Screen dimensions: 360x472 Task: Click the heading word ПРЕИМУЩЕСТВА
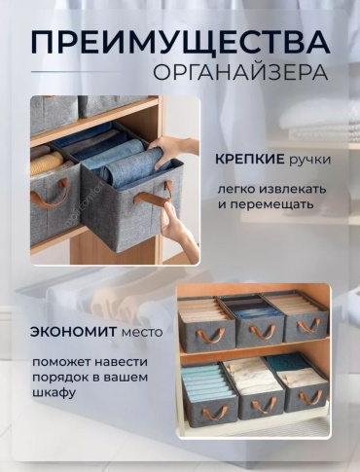[x=180, y=42]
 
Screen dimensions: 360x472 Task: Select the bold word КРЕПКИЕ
[x=250, y=160]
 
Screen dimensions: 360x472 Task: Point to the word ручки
[x=309, y=161]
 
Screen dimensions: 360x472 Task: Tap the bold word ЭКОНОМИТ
[x=73, y=332]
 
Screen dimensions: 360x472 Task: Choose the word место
[x=141, y=333]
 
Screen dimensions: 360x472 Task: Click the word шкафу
[x=54, y=393]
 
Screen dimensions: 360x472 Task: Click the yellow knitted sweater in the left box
[x=48, y=162]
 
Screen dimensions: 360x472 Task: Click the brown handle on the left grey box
[x=50, y=195]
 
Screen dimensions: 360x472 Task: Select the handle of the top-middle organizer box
[x=260, y=331]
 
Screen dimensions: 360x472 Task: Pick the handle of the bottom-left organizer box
[x=211, y=413]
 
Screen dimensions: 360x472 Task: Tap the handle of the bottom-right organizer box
[x=307, y=398]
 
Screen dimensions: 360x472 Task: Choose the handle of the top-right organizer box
[x=307, y=325]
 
